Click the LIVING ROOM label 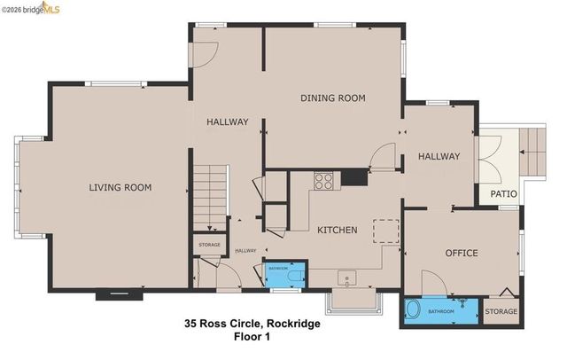point(120,187)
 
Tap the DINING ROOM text point(332,98)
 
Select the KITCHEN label point(337,230)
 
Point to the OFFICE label point(460,253)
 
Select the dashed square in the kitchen point(385,231)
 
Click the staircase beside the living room point(210,194)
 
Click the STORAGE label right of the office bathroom point(501,311)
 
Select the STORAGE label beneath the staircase point(208,244)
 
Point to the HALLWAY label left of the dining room point(228,121)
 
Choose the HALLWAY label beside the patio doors point(439,156)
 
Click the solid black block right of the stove point(354,176)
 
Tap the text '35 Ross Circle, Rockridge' point(252,324)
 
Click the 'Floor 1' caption point(252,337)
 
